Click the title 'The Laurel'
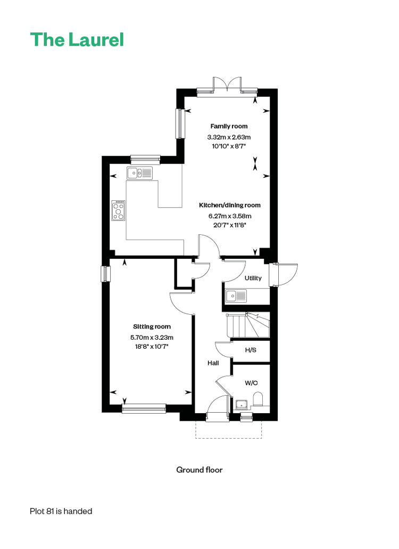tap(77, 39)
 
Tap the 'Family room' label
tap(229, 126)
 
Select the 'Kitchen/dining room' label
tap(230, 205)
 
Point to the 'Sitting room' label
tap(152, 326)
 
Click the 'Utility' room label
tap(253, 278)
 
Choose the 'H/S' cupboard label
tap(251, 350)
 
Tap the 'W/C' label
tap(251, 383)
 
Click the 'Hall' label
tap(213, 363)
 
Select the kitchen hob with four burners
tap(119, 210)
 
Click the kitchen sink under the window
tap(139, 173)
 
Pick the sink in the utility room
tap(236, 296)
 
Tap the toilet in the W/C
tap(257, 399)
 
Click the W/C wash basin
tap(242, 404)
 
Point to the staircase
tap(248, 325)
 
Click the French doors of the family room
tap(227, 85)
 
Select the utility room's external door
tap(284, 275)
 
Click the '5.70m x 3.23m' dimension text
tap(152, 338)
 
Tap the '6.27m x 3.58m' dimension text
tap(230, 216)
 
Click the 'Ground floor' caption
tap(199, 470)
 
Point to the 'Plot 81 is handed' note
tap(61, 511)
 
